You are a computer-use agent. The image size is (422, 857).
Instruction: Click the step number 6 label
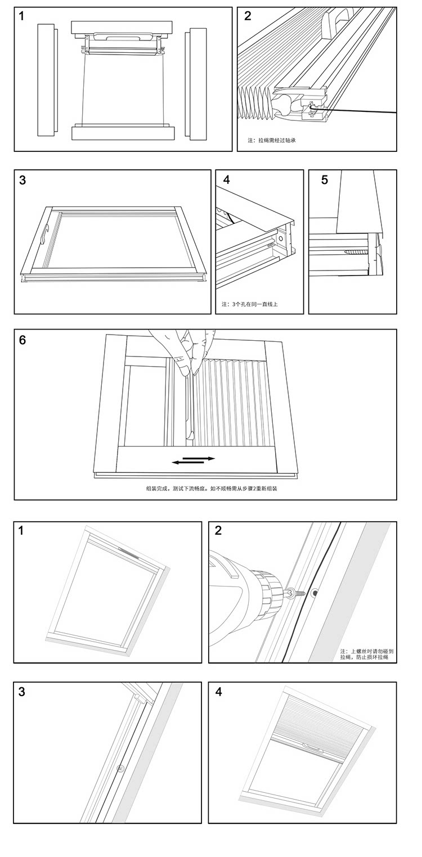(x=23, y=340)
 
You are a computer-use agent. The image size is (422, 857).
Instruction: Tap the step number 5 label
(x=325, y=180)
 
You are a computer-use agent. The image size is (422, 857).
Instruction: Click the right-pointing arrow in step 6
(x=203, y=458)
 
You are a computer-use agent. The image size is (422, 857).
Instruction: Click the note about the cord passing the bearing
(x=272, y=140)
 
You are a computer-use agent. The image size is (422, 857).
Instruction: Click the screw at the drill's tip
(x=297, y=592)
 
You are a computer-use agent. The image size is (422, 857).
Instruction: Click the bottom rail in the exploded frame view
(x=123, y=133)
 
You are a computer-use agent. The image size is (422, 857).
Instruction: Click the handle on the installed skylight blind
(x=311, y=747)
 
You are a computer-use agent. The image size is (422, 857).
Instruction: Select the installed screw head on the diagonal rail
(x=119, y=769)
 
